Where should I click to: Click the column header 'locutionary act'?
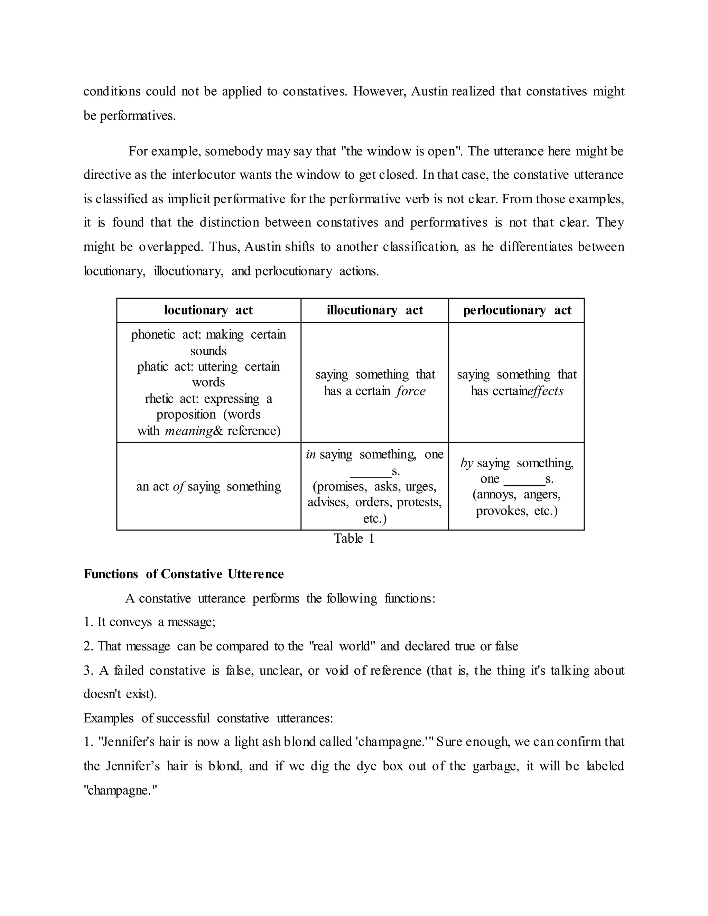pos(208,310)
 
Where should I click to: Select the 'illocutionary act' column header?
pos(374,310)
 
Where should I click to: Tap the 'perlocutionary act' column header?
pos(517,310)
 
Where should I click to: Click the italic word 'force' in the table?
pos(411,391)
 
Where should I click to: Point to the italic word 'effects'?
pos(546,391)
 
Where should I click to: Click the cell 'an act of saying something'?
pos(208,486)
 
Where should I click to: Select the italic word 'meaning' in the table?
pos(189,431)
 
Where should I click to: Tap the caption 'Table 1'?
pos(354,538)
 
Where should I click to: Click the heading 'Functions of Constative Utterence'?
pos(184,574)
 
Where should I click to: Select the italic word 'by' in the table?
pos(467,463)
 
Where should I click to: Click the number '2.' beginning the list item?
pos(88,646)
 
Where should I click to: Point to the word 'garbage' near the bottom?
pos(496,766)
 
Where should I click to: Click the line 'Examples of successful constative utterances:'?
pos(208,718)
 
